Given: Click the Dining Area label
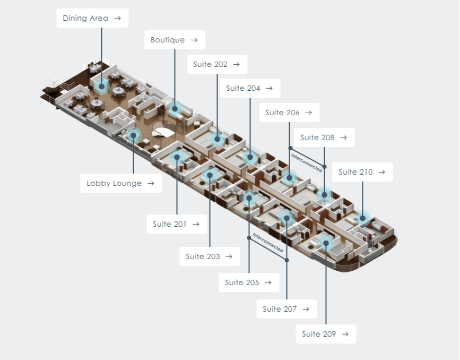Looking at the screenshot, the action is [92, 18].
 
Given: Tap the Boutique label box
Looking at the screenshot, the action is [175, 40].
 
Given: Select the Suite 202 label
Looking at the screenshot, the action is [217, 64].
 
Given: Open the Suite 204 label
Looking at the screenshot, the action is [250, 88].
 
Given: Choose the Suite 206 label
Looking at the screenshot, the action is [289, 113].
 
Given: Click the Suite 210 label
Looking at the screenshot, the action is [362, 172].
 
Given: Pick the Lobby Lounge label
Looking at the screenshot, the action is [121, 183].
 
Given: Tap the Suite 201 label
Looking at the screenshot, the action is [177, 224].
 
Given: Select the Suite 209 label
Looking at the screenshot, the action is [326, 334].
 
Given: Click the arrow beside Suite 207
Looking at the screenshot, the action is [306, 309].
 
